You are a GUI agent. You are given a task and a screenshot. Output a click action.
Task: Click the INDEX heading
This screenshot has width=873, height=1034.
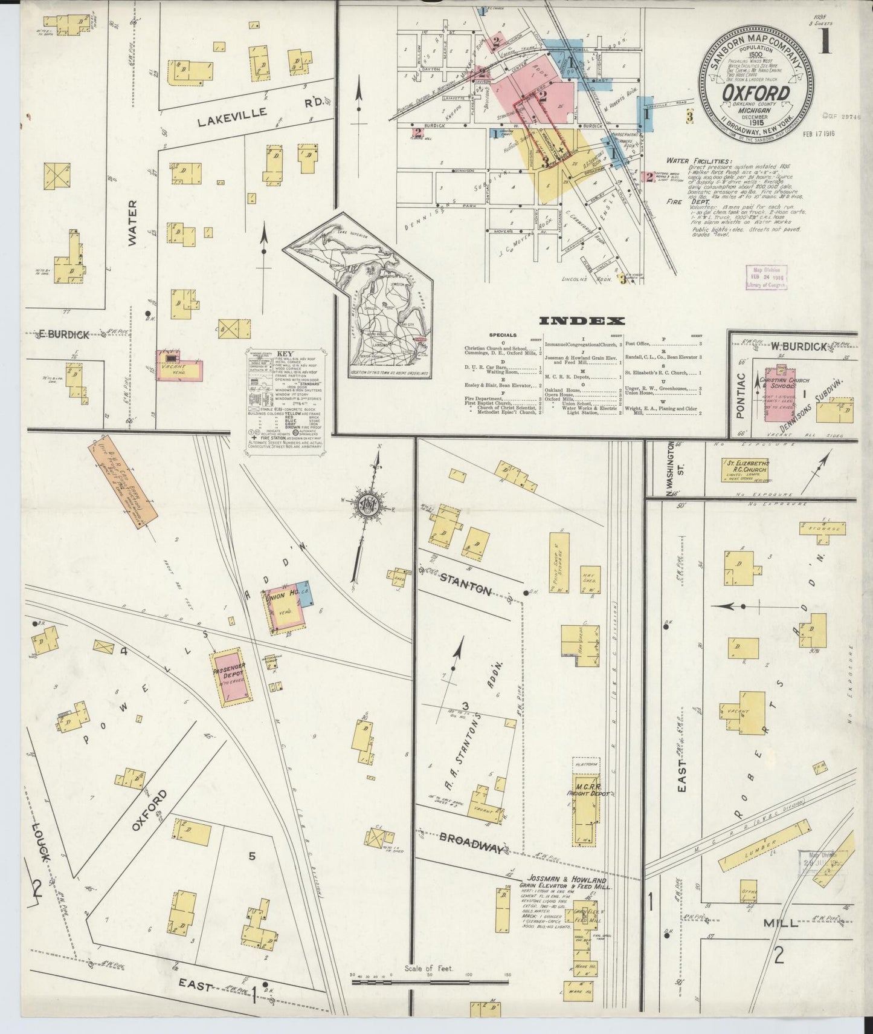pos(582,321)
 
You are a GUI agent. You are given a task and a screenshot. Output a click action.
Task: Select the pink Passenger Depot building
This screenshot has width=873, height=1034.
pos(231,678)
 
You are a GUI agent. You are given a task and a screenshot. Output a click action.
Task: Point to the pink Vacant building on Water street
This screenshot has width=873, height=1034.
pos(178,365)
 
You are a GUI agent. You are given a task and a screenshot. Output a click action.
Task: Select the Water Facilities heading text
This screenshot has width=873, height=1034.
pos(698,161)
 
